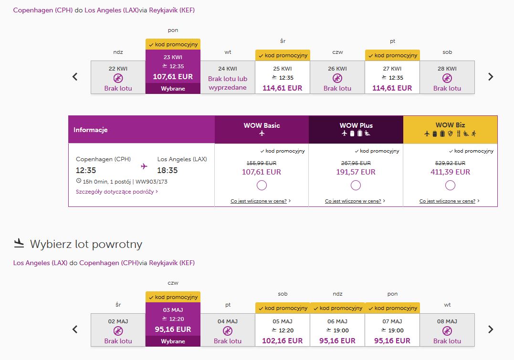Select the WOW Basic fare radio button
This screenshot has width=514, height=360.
262,185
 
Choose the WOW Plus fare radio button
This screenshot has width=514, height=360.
356,185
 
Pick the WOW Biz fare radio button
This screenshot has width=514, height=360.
450,185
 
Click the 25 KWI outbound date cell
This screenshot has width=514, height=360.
283,77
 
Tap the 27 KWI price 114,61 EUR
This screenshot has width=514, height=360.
392,88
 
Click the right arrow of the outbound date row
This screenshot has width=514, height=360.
491,77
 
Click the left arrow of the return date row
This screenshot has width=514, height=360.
75,329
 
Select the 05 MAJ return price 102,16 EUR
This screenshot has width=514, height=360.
282,341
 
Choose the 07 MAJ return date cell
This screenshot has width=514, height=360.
392,330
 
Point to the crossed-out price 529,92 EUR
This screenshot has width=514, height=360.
450,163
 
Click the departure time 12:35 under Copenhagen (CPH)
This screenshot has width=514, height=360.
86,170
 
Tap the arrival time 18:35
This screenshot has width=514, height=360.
167,170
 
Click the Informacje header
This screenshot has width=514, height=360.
91,130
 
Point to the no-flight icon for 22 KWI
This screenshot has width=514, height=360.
118,78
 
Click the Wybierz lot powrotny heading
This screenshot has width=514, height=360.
86,244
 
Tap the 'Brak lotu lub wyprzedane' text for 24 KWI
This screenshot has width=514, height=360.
228,83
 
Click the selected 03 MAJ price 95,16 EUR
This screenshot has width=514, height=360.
173,329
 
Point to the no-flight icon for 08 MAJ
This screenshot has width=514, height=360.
447,331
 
